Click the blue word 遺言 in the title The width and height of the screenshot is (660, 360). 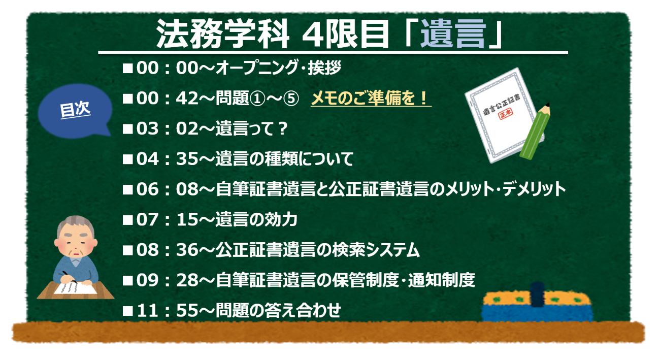tap(453, 34)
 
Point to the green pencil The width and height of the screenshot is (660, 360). tap(535, 131)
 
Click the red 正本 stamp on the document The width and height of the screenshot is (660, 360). tap(506, 113)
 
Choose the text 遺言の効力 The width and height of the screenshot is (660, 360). tap(256, 219)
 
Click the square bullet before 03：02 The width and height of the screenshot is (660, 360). tap(127, 129)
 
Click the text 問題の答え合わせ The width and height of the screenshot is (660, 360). tap(278, 311)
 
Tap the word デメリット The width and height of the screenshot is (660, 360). tap(534, 189)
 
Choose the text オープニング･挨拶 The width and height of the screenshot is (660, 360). tap(278, 68)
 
